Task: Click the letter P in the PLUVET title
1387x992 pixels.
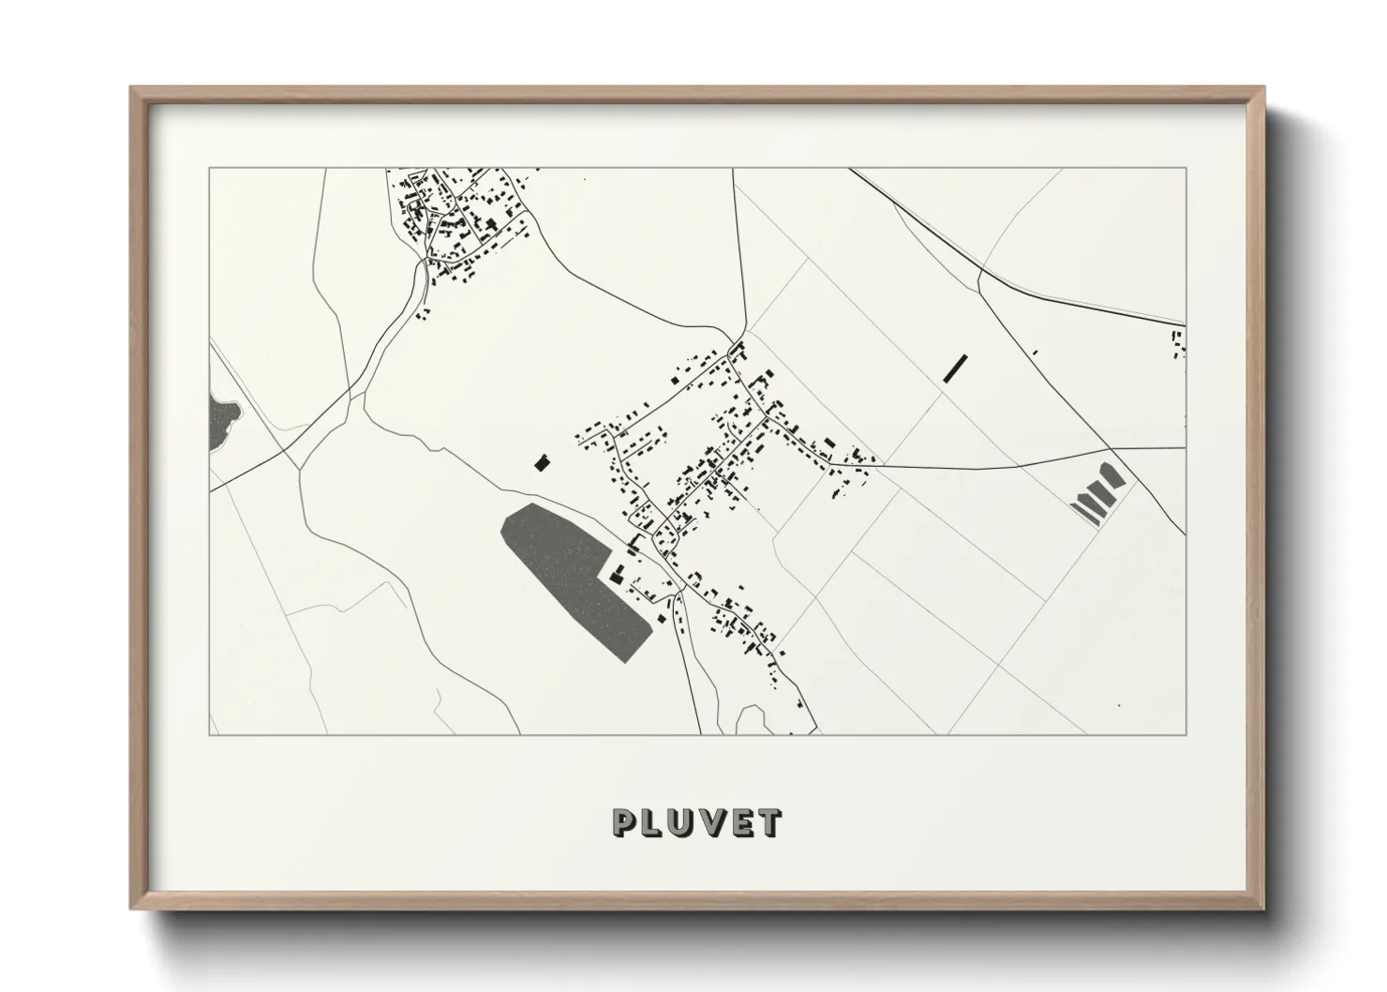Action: coord(625,822)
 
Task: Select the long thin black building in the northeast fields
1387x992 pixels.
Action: coord(954,367)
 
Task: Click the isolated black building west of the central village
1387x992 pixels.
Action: coord(540,462)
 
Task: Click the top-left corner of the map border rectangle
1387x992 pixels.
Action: coord(209,169)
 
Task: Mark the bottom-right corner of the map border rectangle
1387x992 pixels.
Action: coord(1186,735)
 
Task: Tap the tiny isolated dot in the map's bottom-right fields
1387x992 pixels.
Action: coord(1119,706)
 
